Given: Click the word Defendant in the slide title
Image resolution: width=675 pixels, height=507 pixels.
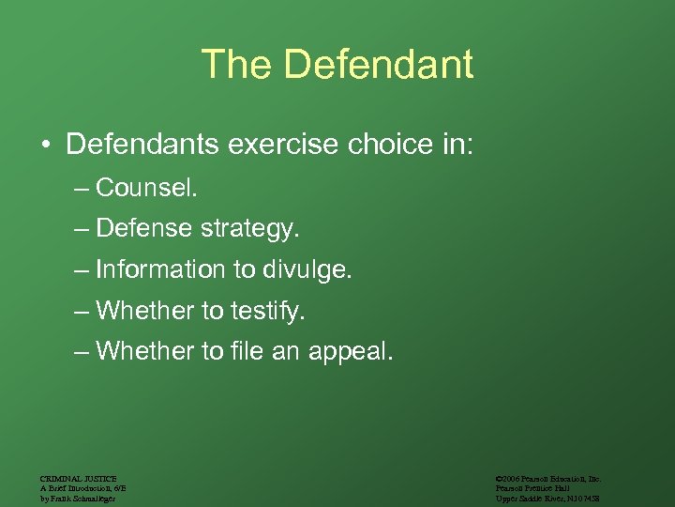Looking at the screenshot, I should tap(378, 65).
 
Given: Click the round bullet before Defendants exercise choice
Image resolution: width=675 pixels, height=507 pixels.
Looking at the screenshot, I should tap(45, 146).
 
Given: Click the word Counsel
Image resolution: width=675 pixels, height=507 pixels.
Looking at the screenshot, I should tap(146, 188).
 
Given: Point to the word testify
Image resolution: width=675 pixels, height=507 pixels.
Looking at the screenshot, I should tap(266, 311).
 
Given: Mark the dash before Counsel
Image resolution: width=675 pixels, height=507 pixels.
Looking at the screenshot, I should tap(82, 189).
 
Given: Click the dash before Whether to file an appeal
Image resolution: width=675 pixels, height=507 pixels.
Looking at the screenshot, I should tap(82, 353).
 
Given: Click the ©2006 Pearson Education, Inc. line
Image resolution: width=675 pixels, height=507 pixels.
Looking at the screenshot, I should tap(548, 479).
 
